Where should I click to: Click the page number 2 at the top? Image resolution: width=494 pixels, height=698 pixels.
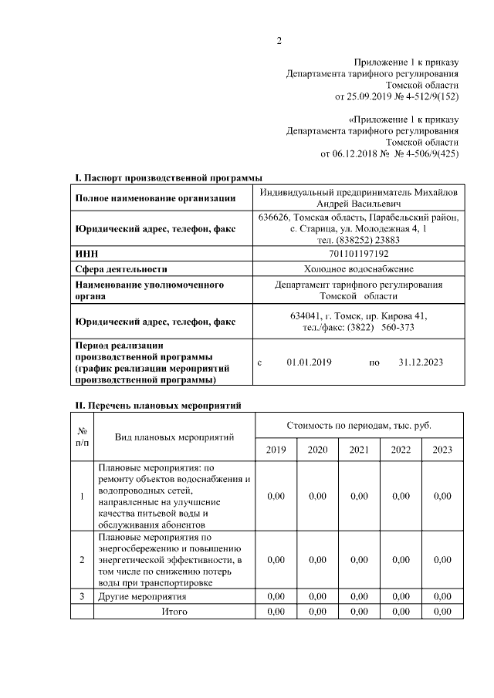click(279, 41)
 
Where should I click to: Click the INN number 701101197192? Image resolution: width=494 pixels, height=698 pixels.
click(359, 254)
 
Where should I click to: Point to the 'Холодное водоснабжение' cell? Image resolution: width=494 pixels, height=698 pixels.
click(359, 269)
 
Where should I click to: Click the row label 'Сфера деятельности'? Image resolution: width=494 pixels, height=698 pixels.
click(121, 269)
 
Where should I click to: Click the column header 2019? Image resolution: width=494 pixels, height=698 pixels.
click(276, 450)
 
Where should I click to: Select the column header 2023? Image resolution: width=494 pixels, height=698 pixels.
click(442, 450)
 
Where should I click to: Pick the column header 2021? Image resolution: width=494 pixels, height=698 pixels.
click(359, 450)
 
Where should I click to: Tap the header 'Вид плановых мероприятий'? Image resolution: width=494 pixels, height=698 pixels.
click(174, 437)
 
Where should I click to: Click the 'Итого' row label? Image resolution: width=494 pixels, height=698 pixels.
click(174, 612)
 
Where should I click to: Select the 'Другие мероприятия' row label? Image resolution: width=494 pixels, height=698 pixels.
click(142, 597)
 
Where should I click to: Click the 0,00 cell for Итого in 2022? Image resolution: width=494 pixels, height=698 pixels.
click(401, 612)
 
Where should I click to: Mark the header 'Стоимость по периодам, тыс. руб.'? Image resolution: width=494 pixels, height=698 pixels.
click(359, 425)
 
